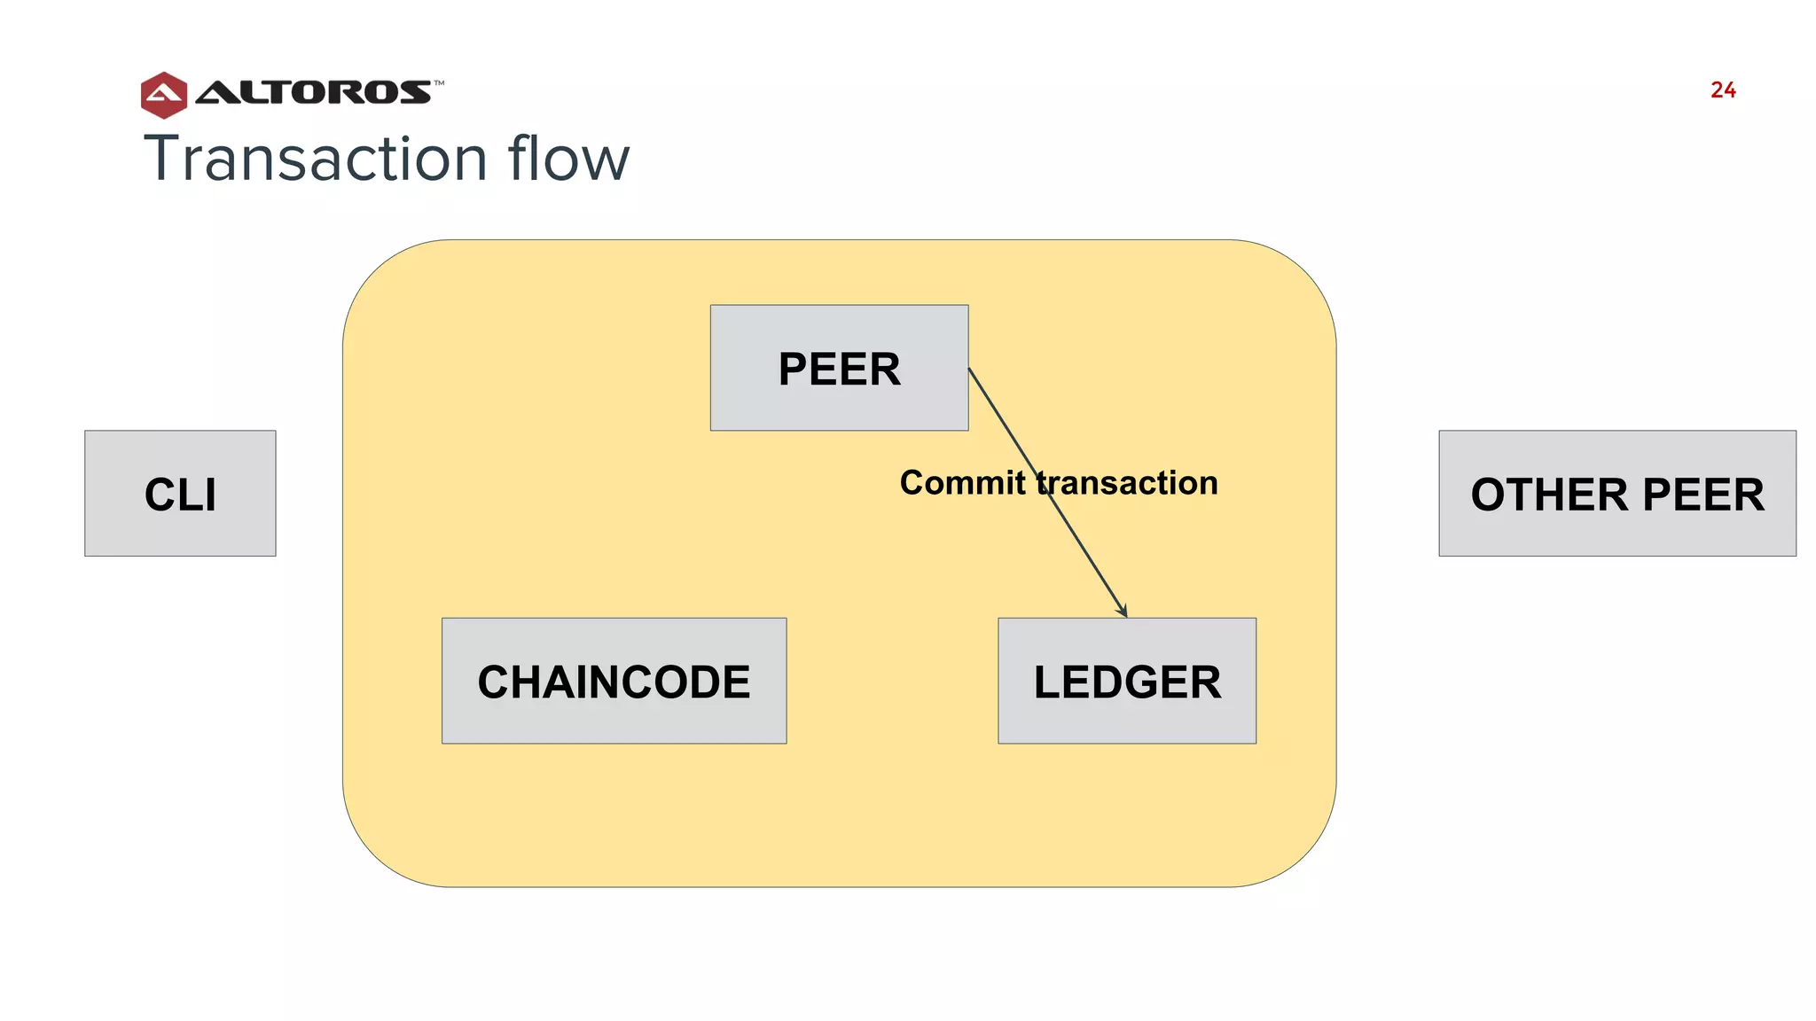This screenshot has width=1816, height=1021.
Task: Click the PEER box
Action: point(839,368)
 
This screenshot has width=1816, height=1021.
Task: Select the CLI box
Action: point(180,494)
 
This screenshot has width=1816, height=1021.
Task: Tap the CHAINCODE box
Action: point(614,681)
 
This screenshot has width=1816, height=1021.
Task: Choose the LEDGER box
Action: point(1126,681)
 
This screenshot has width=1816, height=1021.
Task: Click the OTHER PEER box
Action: point(1616,494)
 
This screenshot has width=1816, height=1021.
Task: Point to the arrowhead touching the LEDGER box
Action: point(1123,611)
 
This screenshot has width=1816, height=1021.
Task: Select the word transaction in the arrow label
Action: point(1128,483)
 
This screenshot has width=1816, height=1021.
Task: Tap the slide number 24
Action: point(1723,90)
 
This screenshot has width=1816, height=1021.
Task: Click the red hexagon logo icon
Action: point(164,95)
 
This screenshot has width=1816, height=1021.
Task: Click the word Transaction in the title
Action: point(316,159)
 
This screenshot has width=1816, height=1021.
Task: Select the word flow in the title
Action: point(568,159)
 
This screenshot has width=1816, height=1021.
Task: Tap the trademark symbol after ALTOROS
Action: point(439,83)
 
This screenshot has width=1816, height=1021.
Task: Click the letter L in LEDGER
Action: point(1047,682)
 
